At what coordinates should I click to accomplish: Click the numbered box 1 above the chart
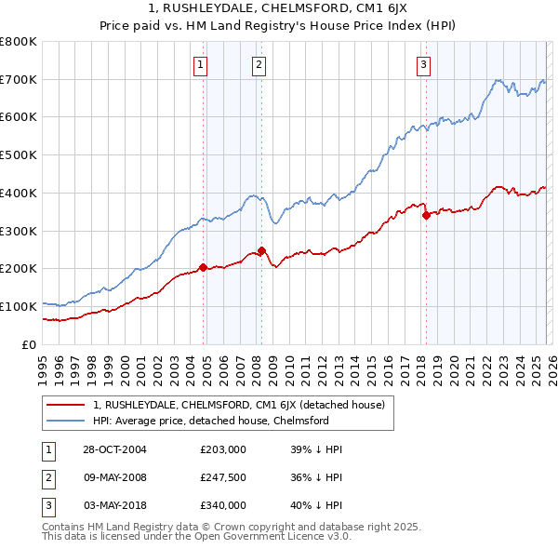click(201, 64)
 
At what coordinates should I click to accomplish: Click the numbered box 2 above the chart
click(259, 64)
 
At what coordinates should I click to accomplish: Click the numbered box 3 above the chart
click(423, 64)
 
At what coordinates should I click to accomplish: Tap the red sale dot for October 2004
click(203, 268)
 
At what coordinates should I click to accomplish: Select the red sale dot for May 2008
click(261, 250)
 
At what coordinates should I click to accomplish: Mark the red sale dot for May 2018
click(426, 215)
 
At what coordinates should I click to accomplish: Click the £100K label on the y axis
click(19, 306)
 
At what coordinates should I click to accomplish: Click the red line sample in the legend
click(67, 405)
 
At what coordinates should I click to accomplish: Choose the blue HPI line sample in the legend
click(67, 421)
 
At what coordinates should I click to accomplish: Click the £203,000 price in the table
click(222, 449)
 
